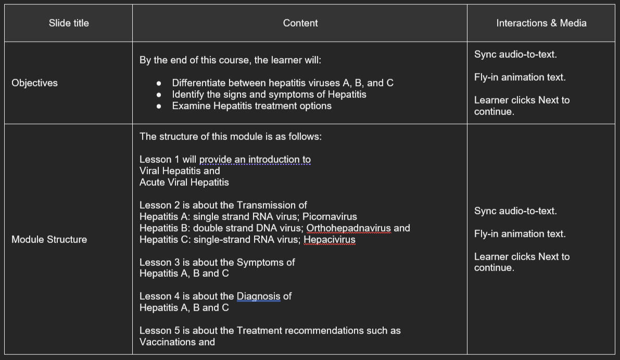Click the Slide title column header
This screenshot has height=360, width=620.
click(69, 23)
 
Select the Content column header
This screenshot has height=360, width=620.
click(300, 23)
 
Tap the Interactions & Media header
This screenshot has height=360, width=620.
click(541, 23)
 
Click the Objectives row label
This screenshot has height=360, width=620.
click(34, 83)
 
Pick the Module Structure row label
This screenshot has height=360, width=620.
click(49, 240)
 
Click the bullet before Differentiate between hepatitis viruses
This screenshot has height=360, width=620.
click(159, 84)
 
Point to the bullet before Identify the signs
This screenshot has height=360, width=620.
click(159, 95)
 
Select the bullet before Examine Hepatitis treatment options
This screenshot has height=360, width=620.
click(159, 107)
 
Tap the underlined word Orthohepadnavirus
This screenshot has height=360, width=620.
click(348, 228)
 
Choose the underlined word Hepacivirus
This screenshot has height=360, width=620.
click(329, 240)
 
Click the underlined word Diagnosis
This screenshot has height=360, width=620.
click(258, 297)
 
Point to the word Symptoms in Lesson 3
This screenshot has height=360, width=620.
click(260, 263)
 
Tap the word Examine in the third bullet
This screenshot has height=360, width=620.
click(189, 106)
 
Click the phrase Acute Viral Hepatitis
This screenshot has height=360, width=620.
click(184, 183)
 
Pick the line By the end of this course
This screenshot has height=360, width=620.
click(230, 60)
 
